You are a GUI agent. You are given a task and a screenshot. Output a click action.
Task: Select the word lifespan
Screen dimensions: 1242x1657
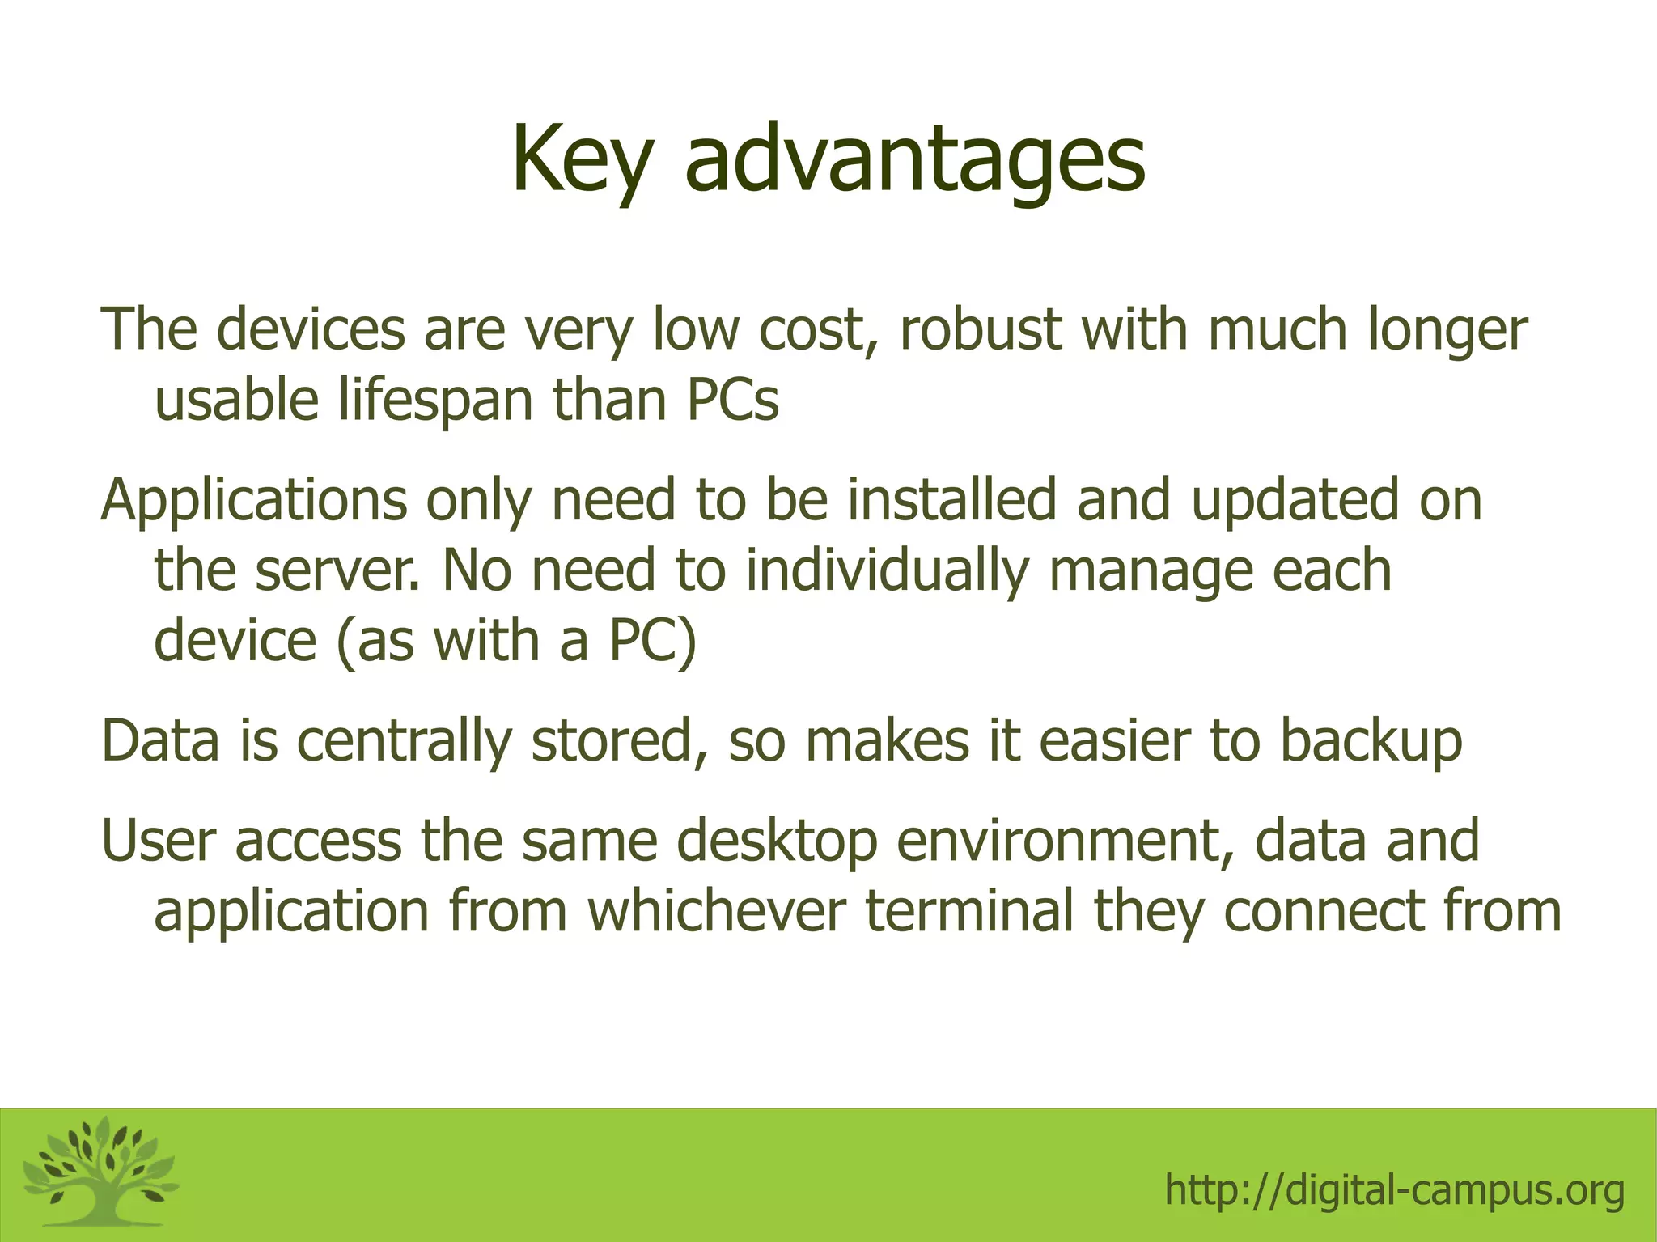click(x=436, y=401)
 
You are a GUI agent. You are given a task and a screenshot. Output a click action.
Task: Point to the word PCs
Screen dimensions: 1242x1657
click(x=733, y=401)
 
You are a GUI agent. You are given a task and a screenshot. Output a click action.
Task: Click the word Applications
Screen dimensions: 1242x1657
click(x=254, y=501)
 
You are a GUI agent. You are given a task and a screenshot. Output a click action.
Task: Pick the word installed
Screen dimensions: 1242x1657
click(x=952, y=499)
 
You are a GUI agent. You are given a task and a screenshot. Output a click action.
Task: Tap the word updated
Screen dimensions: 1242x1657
click(x=1295, y=501)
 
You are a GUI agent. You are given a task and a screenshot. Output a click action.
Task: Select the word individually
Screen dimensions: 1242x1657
click(x=887, y=571)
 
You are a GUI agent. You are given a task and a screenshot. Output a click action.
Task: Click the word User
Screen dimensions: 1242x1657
click(x=159, y=841)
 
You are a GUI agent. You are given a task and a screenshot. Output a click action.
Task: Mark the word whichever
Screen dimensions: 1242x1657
click(x=716, y=911)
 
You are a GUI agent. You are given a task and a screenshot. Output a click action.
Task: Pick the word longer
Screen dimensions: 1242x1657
click(x=1447, y=331)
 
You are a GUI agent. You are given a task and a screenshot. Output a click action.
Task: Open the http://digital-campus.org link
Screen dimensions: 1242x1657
click(x=1394, y=1190)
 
